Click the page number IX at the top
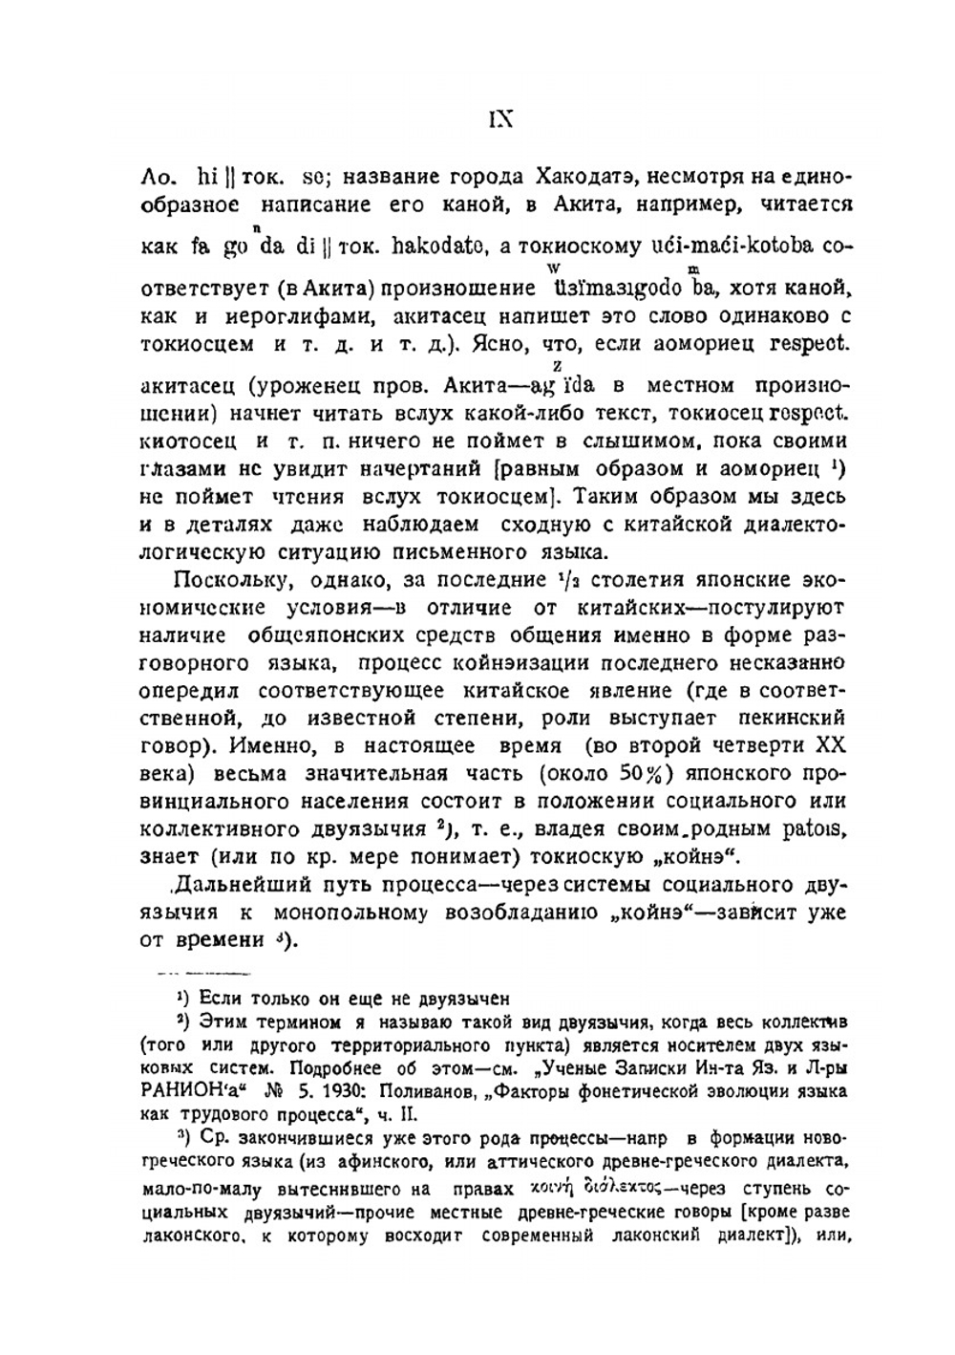(500, 118)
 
